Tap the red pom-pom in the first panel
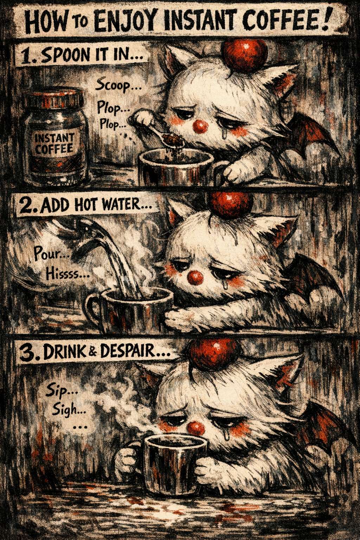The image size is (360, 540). tap(244, 54)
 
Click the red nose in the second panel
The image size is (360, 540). tap(195, 277)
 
